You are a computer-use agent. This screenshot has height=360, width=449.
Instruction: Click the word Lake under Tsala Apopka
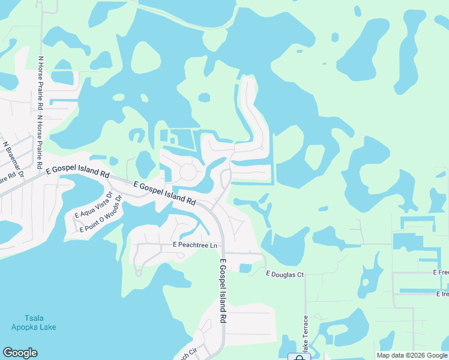49,327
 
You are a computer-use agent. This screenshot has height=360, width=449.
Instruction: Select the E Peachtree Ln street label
194,245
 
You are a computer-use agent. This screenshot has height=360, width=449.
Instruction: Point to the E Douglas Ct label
285,274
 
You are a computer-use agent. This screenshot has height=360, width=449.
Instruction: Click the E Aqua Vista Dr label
93,205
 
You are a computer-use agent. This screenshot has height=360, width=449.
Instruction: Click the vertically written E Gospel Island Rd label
223,292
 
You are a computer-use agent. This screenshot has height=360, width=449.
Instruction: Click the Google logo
20,353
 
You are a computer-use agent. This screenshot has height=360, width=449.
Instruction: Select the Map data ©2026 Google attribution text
412,355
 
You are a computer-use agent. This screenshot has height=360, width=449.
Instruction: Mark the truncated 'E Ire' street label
442,294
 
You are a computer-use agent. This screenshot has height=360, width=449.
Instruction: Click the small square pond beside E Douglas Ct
245,268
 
